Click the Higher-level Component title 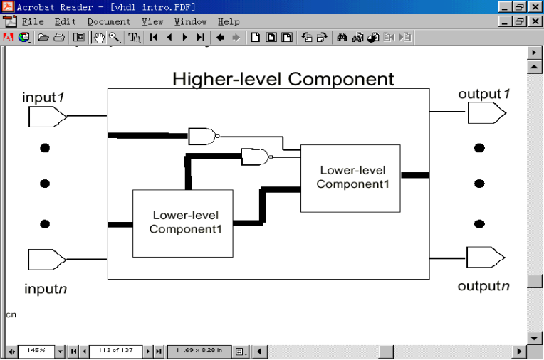pyautogui.click(x=283, y=78)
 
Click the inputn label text pyautogui.click(x=46, y=289)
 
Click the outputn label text pyautogui.click(x=483, y=286)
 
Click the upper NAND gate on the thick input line pyautogui.click(x=202, y=136)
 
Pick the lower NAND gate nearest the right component pyautogui.click(x=255, y=157)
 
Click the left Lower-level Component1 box pyautogui.click(x=183, y=223)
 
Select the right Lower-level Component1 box pyautogui.click(x=350, y=178)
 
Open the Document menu pyautogui.click(x=109, y=22)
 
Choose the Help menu pyautogui.click(x=229, y=22)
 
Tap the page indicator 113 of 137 pyautogui.click(x=116, y=351)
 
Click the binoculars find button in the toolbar pyautogui.click(x=342, y=37)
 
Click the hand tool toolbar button pyautogui.click(x=98, y=37)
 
